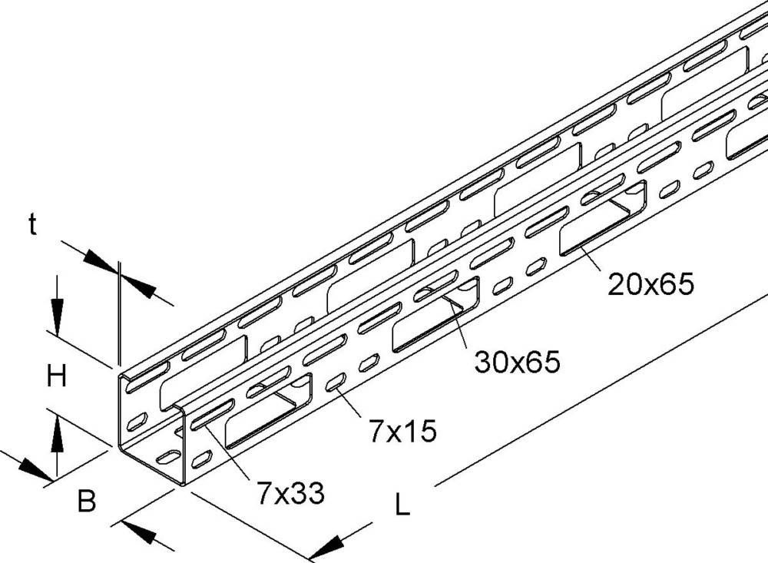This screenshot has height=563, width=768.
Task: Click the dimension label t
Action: (x=32, y=224)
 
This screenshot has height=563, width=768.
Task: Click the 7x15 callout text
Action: (x=402, y=432)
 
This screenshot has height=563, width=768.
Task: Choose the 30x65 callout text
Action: (x=516, y=361)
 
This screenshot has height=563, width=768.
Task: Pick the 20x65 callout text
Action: (x=650, y=285)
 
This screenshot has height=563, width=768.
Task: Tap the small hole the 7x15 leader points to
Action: (x=335, y=385)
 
